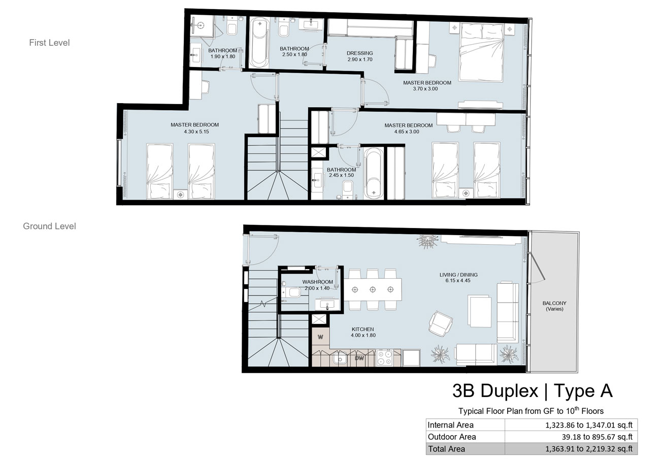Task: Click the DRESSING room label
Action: coord(359,53)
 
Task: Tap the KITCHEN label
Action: coord(362,329)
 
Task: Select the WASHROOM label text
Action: coord(317,282)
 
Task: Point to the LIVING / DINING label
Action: coord(458,275)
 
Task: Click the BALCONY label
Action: coord(554,303)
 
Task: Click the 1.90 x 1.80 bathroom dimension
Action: coord(223,56)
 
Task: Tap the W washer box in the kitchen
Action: coord(320,337)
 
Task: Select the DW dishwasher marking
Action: coord(359,358)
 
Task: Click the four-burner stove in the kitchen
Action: coord(384,357)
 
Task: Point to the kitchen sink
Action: coord(340,358)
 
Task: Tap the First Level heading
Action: coord(50,43)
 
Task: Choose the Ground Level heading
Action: coord(50,226)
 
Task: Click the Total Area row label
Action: coord(446,449)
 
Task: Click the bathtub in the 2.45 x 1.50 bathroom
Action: coord(373,174)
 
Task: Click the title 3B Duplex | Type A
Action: coord(533,391)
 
